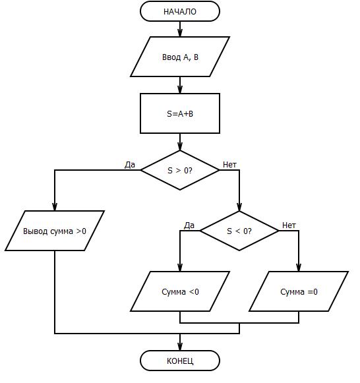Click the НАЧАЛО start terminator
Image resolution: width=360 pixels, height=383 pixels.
pyautogui.click(x=180, y=11)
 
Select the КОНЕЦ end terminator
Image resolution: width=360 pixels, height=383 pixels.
pyautogui.click(x=180, y=361)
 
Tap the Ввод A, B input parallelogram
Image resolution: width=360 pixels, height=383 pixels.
pyautogui.click(x=180, y=57)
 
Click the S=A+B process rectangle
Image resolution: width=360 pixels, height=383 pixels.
pyautogui.click(x=180, y=113)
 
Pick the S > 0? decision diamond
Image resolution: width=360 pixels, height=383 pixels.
pyautogui.click(x=180, y=170)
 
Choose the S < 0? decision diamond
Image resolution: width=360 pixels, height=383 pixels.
pyautogui.click(x=239, y=231)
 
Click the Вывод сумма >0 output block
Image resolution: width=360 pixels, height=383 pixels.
pyautogui.click(x=55, y=231)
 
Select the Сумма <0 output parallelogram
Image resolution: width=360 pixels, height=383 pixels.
pyautogui.click(x=180, y=291)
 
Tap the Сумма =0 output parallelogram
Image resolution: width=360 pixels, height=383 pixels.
pyautogui.click(x=299, y=291)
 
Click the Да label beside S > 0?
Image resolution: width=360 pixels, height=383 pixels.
pyautogui.click(x=130, y=165)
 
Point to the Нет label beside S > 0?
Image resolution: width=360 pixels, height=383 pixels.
pyautogui.click(x=230, y=165)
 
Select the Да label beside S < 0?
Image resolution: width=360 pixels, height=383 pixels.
pyautogui.click(x=189, y=225)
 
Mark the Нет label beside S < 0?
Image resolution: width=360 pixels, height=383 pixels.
pyautogui.click(x=289, y=225)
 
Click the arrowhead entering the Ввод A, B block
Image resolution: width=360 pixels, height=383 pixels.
pyautogui.click(x=180, y=33)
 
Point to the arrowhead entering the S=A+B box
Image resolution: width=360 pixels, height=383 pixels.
pyautogui.click(x=180, y=90)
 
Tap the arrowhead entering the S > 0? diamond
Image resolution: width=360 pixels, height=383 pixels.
pyautogui.click(x=180, y=146)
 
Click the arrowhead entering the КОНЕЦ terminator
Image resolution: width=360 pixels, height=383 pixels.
pyautogui.click(x=180, y=347)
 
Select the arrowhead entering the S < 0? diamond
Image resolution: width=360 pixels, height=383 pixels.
pyautogui.click(x=239, y=207)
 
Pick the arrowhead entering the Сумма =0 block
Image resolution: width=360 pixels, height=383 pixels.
pyautogui.click(x=299, y=268)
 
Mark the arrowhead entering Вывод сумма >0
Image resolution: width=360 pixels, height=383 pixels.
pyautogui.click(x=55, y=207)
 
